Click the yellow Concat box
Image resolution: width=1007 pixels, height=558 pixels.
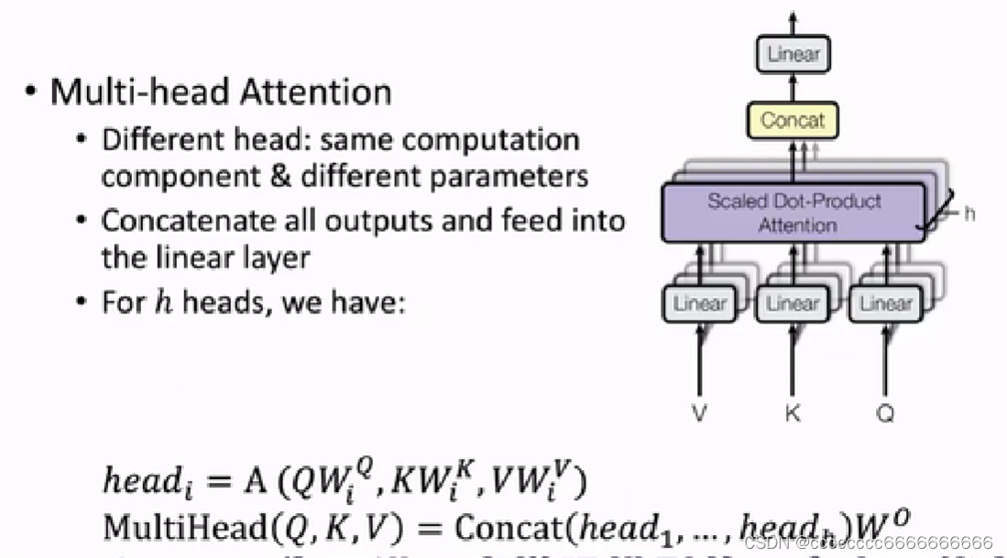pos(793,120)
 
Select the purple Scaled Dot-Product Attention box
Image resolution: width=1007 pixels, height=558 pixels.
pos(794,213)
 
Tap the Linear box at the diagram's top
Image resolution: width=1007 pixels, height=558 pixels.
pos(793,54)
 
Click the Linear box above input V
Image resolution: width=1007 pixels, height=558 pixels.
pos(700,303)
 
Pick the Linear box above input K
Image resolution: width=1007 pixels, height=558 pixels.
pos(793,303)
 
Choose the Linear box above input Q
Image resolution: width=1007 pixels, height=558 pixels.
pos(886,303)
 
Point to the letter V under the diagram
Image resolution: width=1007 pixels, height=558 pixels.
pos(700,414)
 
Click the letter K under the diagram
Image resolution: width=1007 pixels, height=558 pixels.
pos(793,414)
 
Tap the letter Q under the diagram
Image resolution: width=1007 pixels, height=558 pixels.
pos(885,414)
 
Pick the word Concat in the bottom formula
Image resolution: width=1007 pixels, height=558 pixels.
pos(500,526)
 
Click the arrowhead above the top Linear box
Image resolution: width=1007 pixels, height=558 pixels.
pos(793,17)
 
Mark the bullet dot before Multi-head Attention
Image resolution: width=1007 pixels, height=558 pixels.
pos(32,93)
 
